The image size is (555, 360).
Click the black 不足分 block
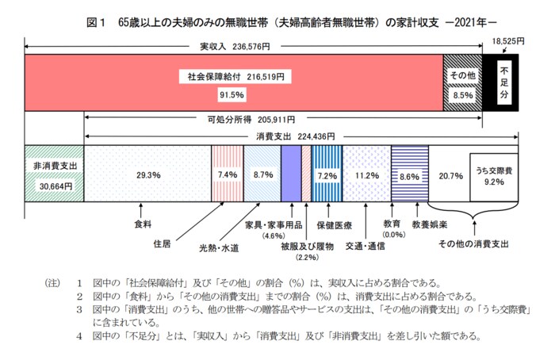tap(501, 82)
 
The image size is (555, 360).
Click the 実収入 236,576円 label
tap(234, 47)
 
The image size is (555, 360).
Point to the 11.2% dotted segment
tap(366, 174)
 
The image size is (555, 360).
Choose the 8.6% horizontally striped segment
tap(409, 174)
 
